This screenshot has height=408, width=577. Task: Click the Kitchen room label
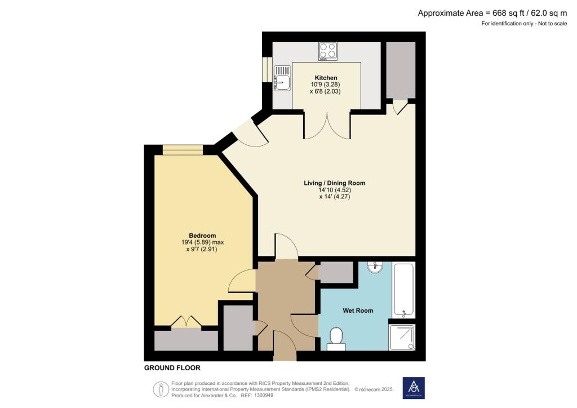(326, 78)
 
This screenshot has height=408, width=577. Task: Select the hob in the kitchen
(327, 51)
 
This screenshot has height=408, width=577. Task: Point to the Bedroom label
(202, 236)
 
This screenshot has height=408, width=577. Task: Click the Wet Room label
(358, 311)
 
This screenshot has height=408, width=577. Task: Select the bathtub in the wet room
(403, 289)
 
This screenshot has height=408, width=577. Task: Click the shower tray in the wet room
(402, 337)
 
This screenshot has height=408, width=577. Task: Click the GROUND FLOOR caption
(172, 368)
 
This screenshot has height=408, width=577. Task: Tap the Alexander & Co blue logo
(414, 388)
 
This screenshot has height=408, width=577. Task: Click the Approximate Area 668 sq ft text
(491, 13)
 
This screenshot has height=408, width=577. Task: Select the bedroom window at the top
(182, 149)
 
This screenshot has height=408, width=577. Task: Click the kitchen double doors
(327, 125)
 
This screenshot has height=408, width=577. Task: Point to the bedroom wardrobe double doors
(187, 323)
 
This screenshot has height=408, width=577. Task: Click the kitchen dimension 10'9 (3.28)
(326, 85)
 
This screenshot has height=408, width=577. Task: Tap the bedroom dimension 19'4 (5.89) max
(202, 242)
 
